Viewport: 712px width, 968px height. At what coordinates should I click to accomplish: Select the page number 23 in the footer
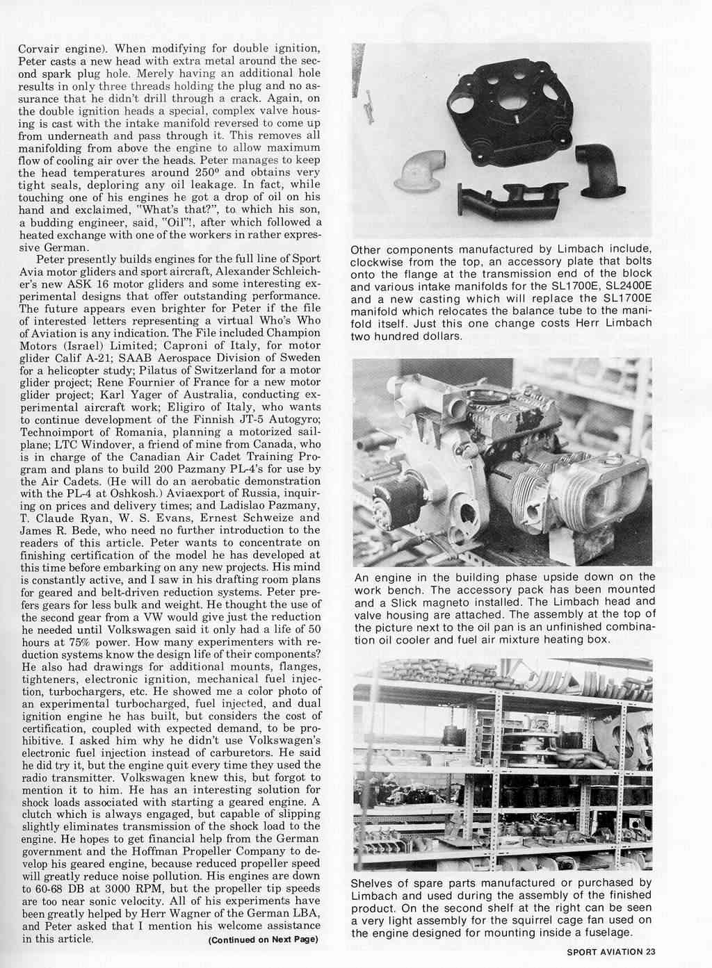pos(650,953)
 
